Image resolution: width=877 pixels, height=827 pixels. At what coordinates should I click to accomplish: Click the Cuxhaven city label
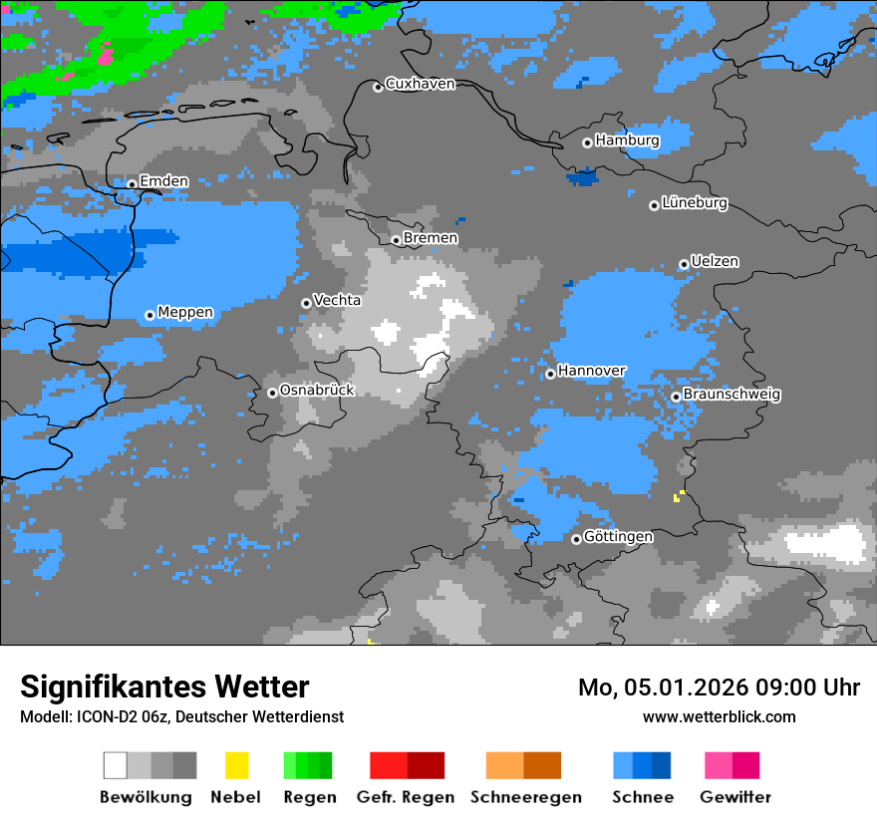pyautogui.click(x=420, y=84)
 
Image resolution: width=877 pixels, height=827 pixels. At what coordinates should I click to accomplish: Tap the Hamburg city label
pyautogui.click(x=627, y=140)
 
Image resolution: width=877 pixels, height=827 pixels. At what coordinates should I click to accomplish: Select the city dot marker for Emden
pyautogui.click(x=132, y=183)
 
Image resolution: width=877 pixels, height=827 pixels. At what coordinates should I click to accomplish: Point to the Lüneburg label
pyautogui.click(x=694, y=202)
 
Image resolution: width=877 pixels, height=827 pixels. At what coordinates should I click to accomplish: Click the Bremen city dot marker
pyautogui.click(x=396, y=240)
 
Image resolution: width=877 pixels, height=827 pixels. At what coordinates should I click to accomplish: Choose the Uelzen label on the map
pyautogui.click(x=715, y=261)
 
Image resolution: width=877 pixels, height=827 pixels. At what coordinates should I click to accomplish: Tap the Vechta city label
pyautogui.click(x=337, y=300)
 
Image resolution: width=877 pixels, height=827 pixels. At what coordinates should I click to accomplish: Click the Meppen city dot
pyautogui.click(x=149, y=315)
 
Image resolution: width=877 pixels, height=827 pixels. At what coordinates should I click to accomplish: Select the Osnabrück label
pyautogui.click(x=317, y=390)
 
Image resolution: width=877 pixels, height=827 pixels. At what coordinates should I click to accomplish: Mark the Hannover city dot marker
pyautogui.click(x=550, y=374)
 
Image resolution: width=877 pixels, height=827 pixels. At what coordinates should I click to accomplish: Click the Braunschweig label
pyautogui.click(x=731, y=394)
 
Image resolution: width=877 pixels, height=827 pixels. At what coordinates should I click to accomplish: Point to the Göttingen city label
pyautogui.click(x=618, y=536)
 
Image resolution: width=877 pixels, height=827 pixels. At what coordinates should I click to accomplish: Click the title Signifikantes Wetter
pyautogui.click(x=164, y=687)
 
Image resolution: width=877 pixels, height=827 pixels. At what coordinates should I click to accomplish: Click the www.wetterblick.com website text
pyautogui.click(x=719, y=716)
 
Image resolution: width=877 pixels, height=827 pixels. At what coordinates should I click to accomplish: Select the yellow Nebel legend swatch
pyautogui.click(x=236, y=765)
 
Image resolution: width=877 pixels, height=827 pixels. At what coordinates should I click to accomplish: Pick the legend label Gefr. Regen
pyautogui.click(x=406, y=797)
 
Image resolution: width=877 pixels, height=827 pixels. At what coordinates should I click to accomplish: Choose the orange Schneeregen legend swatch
pyautogui.click(x=504, y=765)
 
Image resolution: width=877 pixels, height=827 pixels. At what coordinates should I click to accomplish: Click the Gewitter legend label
pyautogui.click(x=735, y=797)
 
